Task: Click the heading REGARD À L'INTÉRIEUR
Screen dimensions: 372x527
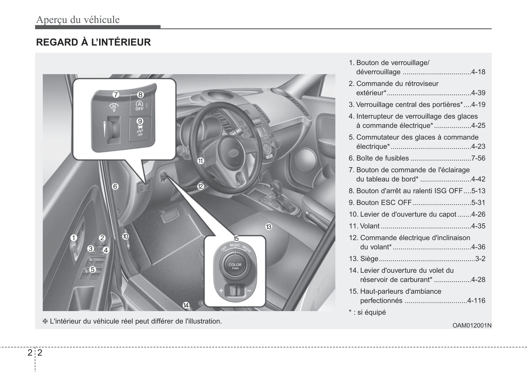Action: (93, 42)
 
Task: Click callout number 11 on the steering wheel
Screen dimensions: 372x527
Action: (201, 161)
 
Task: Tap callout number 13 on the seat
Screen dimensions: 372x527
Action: (269, 227)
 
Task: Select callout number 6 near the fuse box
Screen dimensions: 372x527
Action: (115, 186)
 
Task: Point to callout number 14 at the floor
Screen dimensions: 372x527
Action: (186, 305)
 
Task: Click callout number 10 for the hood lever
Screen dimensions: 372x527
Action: (125, 236)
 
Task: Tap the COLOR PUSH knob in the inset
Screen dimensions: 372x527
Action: (235, 266)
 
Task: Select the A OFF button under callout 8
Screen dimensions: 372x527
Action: (140, 106)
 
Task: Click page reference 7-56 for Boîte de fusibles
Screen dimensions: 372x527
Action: (478, 158)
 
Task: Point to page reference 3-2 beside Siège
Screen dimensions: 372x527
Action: (480, 258)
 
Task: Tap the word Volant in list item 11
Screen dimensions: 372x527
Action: (370, 226)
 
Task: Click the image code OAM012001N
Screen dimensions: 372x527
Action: (472, 325)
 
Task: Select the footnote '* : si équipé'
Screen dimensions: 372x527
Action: (367, 312)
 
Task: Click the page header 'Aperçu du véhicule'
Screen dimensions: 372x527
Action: (78, 19)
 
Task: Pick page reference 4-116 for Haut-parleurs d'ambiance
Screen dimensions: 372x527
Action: (476, 300)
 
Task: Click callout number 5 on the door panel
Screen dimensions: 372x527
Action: (93, 269)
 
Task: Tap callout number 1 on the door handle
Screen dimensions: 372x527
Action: (74, 238)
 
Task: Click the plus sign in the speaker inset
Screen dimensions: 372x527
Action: (221, 291)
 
